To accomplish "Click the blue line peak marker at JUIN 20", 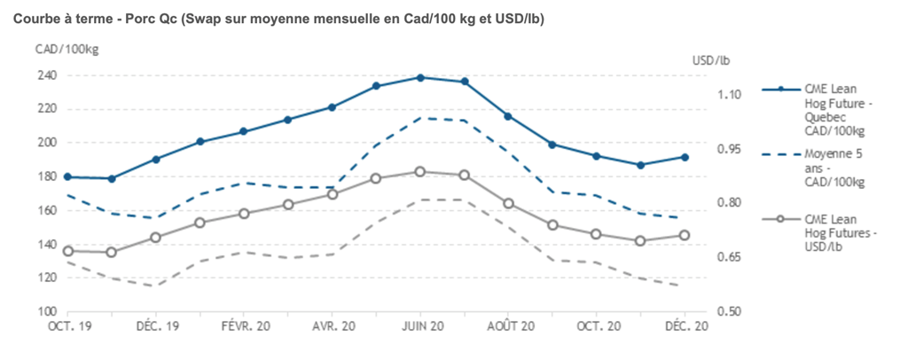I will click(420, 78).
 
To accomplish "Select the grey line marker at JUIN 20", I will click(420, 172).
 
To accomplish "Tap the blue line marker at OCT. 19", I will click(67, 177).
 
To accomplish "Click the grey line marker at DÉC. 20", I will click(685, 235).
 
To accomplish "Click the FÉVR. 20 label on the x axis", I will click(245, 326).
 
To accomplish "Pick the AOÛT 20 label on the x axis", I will click(509, 326).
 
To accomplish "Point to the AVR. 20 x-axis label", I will click(333, 326).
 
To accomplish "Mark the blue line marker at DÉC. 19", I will click(156, 160).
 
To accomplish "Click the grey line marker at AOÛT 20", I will click(509, 203).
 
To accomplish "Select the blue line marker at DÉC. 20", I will click(685, 157).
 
